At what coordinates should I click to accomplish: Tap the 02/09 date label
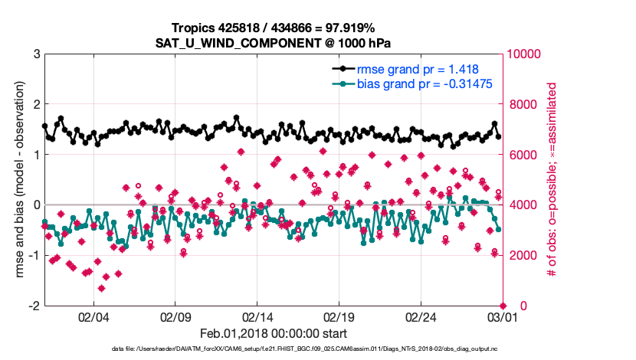175,316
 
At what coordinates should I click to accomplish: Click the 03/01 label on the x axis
502,316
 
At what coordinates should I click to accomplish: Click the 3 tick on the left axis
35,54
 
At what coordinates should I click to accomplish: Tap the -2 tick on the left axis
33,306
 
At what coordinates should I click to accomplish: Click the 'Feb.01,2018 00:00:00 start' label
274,333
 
